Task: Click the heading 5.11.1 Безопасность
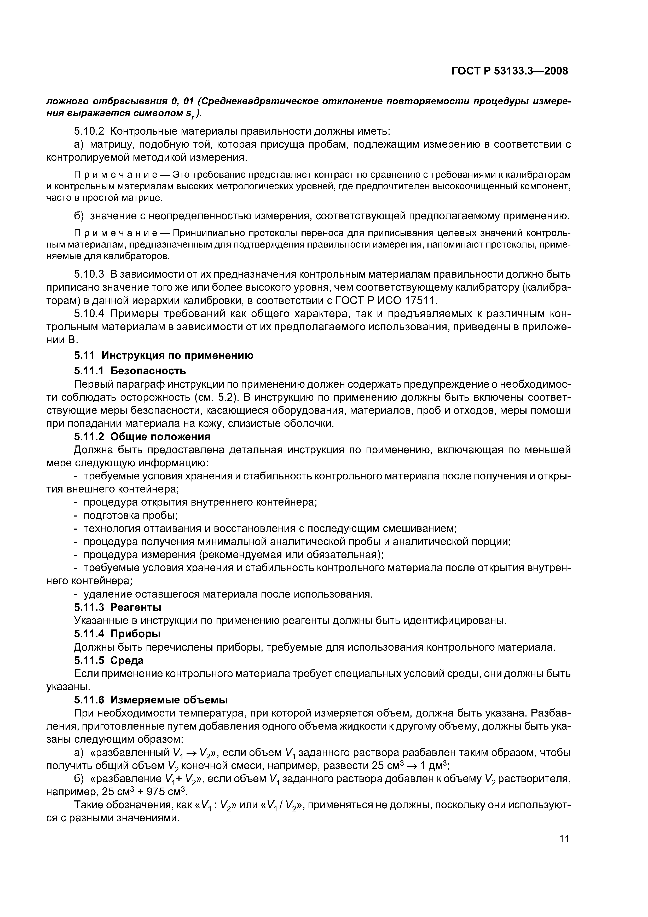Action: pyautogui.click(x=130, y=371)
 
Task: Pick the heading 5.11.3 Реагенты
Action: pyautogui.click(x=118, y=607)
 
